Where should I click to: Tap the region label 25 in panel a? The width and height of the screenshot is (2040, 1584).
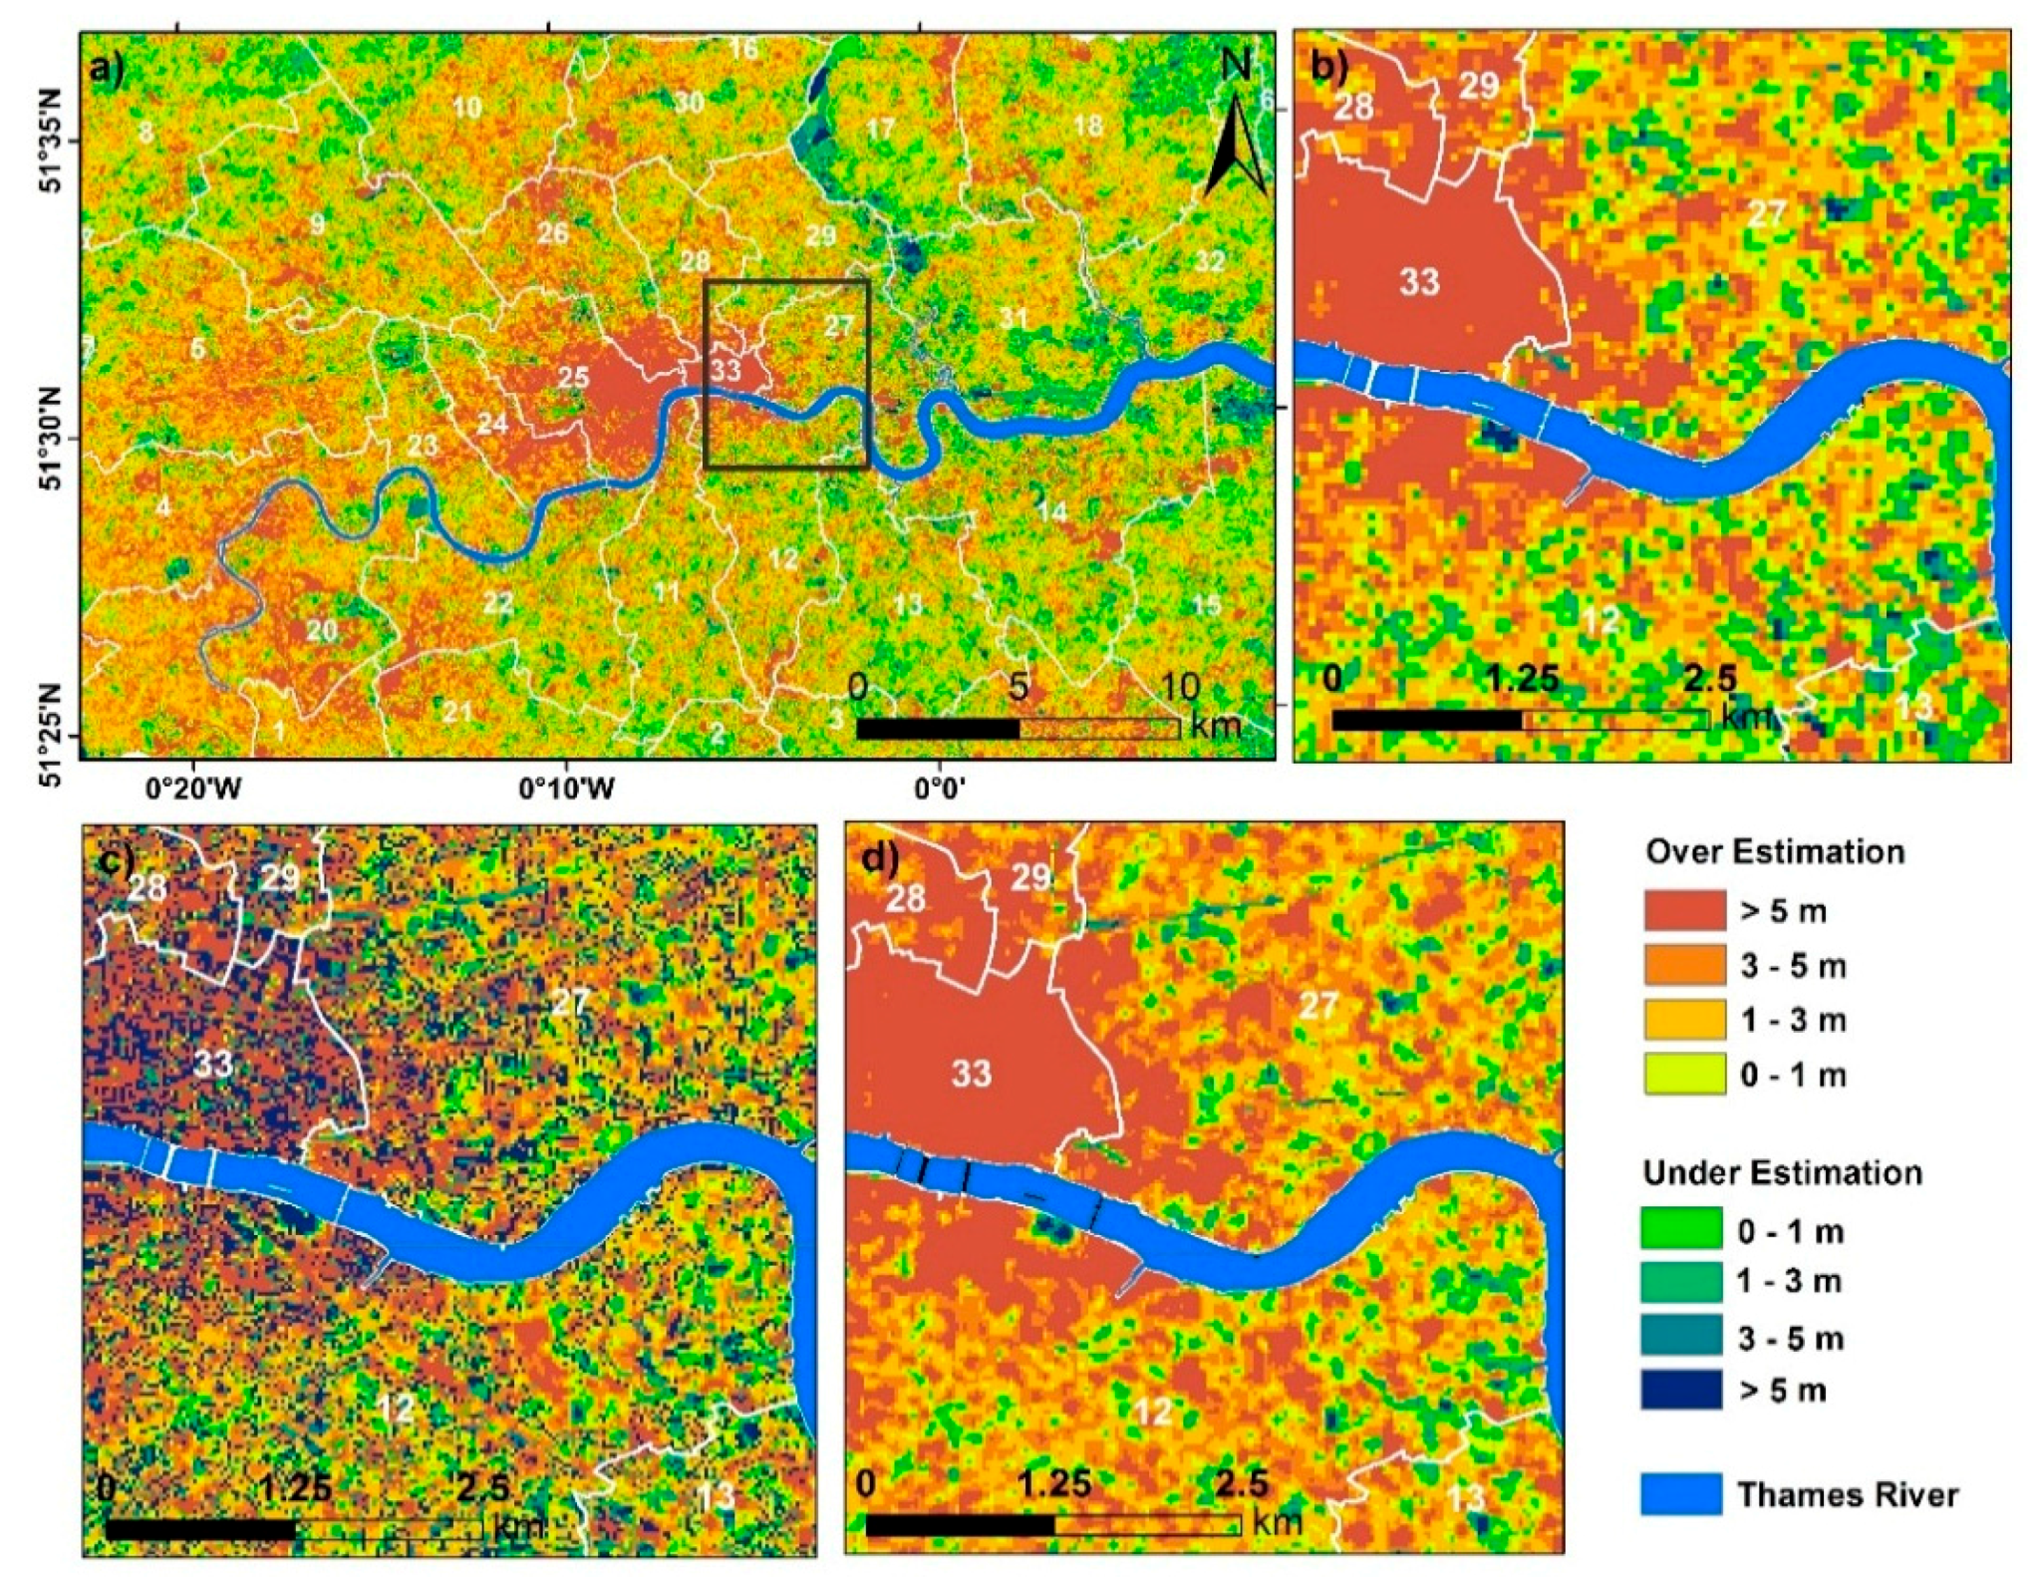573,378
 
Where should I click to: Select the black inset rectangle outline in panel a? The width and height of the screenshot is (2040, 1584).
705,374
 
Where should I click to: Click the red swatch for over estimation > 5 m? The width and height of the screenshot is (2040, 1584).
1683,910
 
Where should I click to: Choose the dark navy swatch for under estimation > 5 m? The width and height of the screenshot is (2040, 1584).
1681,1389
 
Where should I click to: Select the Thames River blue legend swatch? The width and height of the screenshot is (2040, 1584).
1681,1493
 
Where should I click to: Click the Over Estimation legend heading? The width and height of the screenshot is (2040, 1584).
1775,852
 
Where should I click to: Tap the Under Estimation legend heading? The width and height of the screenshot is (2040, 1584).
1782,1173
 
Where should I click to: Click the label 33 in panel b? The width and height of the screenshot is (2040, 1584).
1419,283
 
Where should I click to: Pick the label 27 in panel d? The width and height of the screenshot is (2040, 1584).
1317,1005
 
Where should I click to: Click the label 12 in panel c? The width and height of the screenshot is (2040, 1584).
396,1409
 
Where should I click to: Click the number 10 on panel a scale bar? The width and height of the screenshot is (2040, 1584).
1179,688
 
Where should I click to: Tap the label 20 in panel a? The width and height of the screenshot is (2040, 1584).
321,631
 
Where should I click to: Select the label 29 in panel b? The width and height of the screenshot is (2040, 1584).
1478,87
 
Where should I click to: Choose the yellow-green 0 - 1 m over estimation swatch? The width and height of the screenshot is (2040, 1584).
1683,1074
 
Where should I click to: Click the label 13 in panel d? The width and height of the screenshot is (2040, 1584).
1465,1498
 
